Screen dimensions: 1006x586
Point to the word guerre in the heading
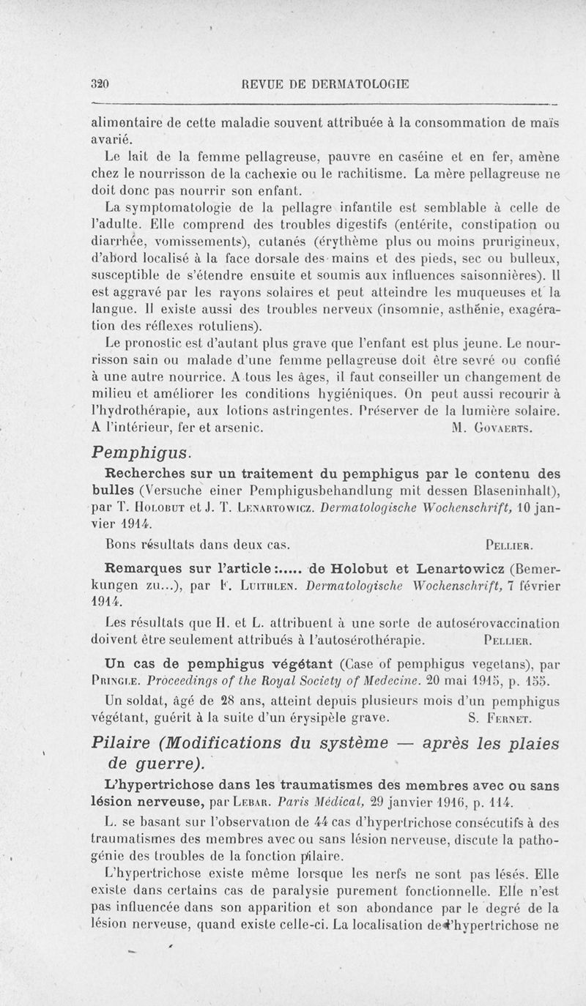point(167,764)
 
